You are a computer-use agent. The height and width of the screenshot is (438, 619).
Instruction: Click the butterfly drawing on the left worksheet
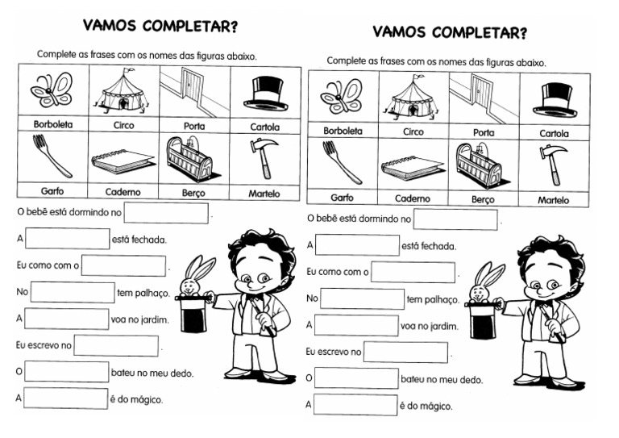click(51, 90)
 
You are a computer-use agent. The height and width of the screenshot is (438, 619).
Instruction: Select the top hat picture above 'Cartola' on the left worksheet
click(265, 93)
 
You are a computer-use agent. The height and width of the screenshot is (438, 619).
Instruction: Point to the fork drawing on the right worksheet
click(342, 162)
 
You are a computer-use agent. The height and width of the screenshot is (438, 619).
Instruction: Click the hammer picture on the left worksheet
click(265, 156)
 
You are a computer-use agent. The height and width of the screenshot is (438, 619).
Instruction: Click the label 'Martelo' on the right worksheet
click(553, 200)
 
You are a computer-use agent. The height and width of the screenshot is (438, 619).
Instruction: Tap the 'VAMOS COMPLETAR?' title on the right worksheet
click(450, 33)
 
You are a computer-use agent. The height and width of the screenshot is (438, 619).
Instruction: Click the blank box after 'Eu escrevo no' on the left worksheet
click(116, 345)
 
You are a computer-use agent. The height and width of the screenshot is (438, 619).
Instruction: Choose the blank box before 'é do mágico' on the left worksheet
click(66, 398)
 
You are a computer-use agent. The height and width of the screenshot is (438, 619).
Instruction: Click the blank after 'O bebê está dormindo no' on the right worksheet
click(455, 219)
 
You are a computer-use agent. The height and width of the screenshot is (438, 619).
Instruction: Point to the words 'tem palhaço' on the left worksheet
click(143, 293)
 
